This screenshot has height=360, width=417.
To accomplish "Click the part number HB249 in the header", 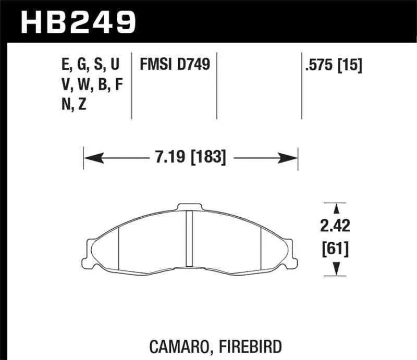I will pyautogui.click(x=77, y=21).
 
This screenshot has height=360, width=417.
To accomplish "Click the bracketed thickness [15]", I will pyautogui.click(x=350, y=65).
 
